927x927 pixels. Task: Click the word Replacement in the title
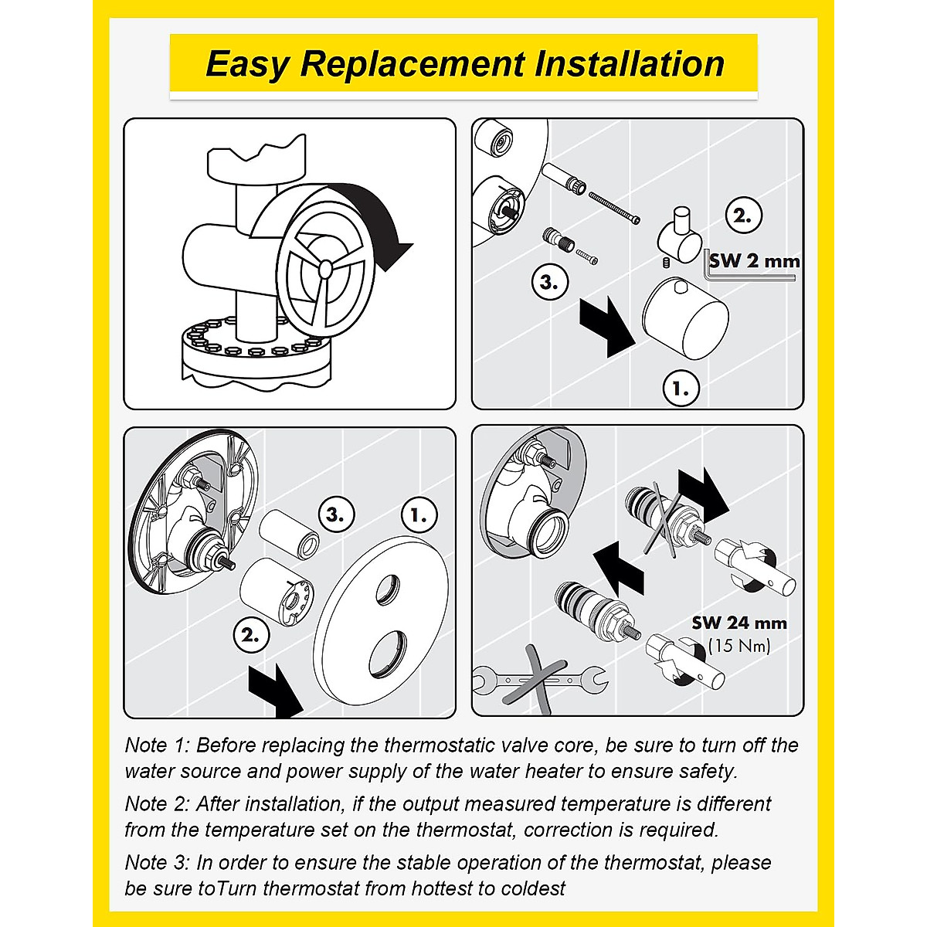[x=413, y=64]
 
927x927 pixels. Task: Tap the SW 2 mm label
[x=754, y=260]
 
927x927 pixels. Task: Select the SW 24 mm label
[x=739, y=623]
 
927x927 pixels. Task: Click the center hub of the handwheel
[x=325, y=268]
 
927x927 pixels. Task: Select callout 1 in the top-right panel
[x=681, y=389]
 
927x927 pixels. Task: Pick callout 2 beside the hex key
[x=742, y=216]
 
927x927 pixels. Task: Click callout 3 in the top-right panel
[x=549, y=283]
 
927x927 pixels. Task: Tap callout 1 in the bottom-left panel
[x=419, y=514]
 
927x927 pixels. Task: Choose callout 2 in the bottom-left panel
[x=250, y=636]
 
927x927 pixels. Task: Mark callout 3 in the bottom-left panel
[x=336, y=514]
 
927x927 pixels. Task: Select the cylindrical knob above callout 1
[x=685, y=321]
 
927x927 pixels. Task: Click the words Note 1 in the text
[x=156, y=745]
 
